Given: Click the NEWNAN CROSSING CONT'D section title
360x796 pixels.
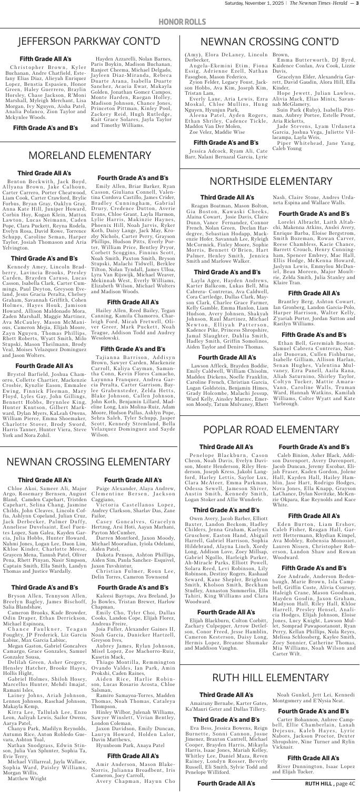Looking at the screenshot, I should pyautogui.click(x=269, y=41).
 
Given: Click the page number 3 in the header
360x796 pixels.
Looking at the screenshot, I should pyautogui.click(x=356, y=5).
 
